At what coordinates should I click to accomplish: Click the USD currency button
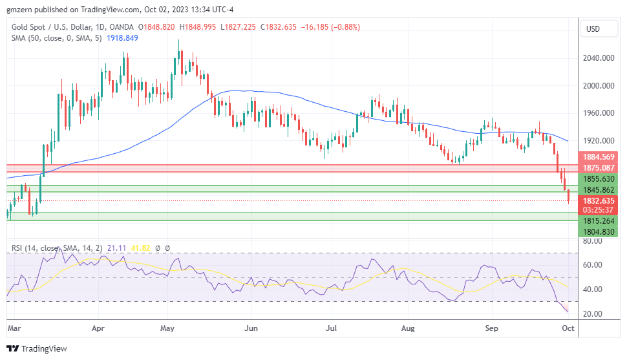(593, 28)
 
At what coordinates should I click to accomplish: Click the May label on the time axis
(168, 328)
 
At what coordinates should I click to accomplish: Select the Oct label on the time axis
(569, 328)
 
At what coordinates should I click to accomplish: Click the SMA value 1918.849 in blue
(122, 38)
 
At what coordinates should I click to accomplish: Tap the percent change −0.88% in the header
(345, 27)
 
